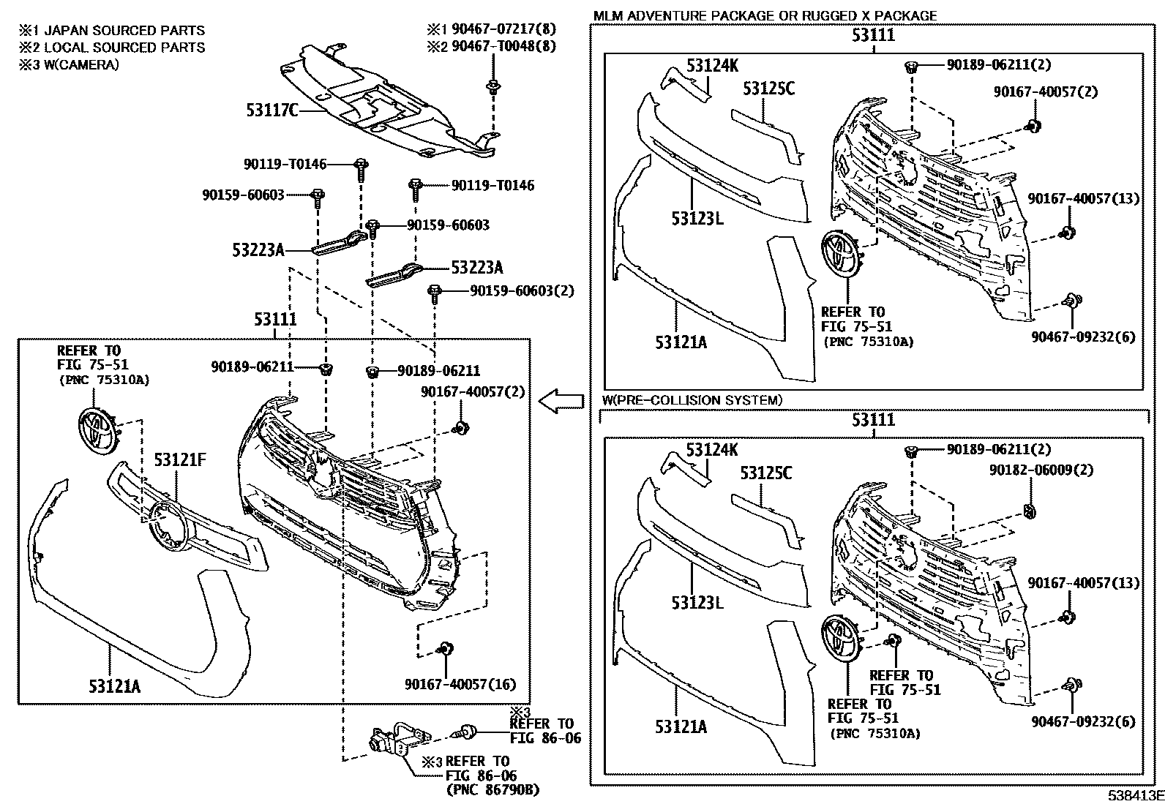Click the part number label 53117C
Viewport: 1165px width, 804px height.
pos(272,110)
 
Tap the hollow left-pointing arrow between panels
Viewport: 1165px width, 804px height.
pos(561,401)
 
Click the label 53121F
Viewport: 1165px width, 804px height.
pos(179,459)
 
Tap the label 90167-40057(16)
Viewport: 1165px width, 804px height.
pos(460,685)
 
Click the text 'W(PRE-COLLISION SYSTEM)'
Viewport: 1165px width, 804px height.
pos(692,400)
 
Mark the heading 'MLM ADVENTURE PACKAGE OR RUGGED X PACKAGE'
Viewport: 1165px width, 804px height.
pos(765,15)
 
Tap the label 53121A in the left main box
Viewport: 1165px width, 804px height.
pos(115,686)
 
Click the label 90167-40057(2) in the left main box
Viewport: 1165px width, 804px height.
pos(473,392)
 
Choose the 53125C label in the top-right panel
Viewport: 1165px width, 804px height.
pos(768,89)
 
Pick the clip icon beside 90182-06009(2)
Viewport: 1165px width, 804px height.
pos(1029,510)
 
